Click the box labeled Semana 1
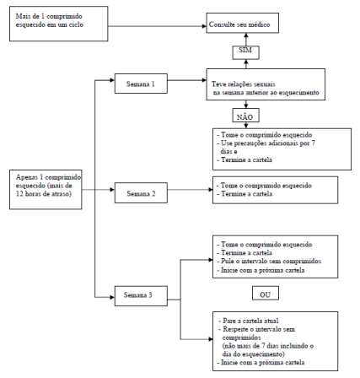coord(141,84)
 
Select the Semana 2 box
coord(141,193)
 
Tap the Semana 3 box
coord(141,296)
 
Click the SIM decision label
coord(245,52)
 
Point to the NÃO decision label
coord(245,116)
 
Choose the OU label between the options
coord(266,294)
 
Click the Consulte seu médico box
coord(243,23)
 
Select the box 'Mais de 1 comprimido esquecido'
coord(59,24)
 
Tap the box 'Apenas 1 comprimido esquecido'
coord(46,190)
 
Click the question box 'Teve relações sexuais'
coord(266,84)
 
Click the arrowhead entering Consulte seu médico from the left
coord(204,26)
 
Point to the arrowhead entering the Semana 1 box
coord(112,80)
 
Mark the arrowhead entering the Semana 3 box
coord(112,297)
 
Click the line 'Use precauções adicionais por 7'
coord(266,143)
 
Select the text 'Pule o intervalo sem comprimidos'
coord(269,262)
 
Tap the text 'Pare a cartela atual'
coord(249,321)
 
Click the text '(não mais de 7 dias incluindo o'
coord(268,346)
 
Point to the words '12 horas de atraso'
coord(43,194)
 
